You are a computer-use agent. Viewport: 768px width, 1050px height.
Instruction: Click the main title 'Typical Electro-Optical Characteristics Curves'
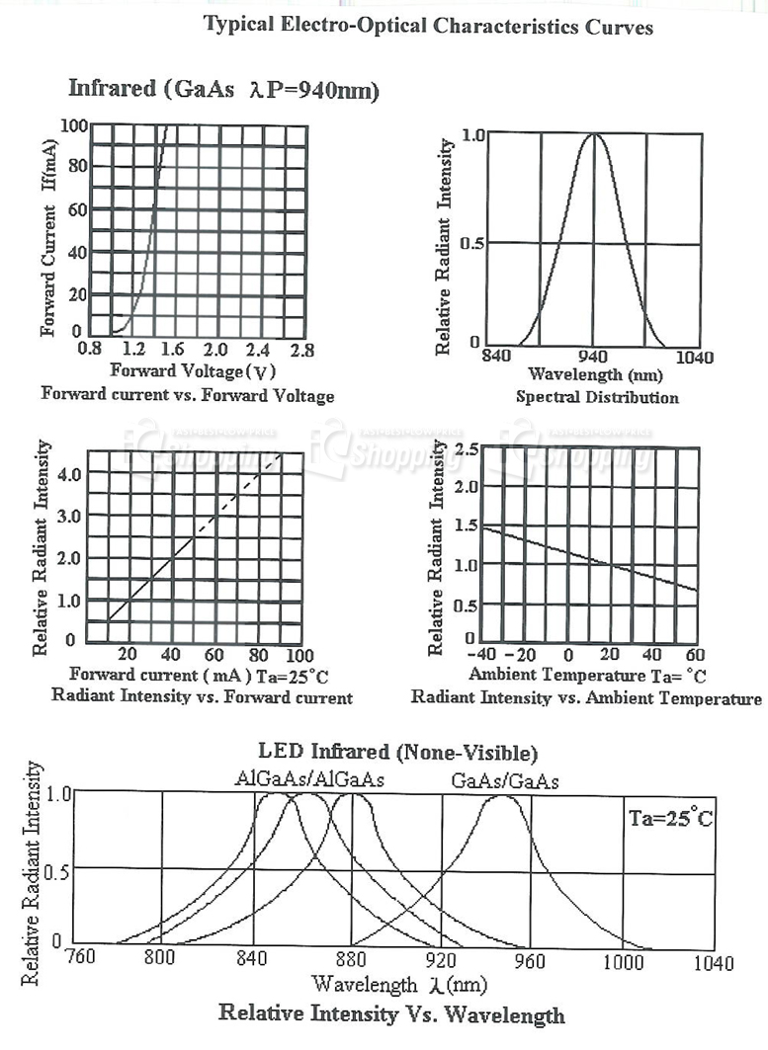428,26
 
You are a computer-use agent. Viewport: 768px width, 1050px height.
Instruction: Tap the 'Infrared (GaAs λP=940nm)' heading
223,89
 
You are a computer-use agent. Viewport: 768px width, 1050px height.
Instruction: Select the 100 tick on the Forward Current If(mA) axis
74,125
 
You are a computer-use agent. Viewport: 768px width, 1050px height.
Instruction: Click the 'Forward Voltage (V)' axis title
192,371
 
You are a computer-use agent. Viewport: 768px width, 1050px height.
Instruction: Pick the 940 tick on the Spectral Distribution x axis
593,357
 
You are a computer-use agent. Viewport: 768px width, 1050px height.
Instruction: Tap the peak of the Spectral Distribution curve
593,134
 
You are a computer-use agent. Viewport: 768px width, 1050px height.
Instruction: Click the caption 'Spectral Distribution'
597,397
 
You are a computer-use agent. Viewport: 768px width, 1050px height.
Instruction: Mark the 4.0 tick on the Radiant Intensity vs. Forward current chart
67,474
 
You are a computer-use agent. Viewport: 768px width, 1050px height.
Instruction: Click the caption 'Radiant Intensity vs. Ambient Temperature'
586,698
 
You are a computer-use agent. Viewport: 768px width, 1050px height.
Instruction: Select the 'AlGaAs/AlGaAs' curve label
309,780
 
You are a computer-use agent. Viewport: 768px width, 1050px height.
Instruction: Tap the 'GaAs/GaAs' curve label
504,781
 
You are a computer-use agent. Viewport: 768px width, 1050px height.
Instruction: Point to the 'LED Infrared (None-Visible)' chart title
398,754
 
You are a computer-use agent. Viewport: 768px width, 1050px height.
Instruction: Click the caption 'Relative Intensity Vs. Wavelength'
391,1013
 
